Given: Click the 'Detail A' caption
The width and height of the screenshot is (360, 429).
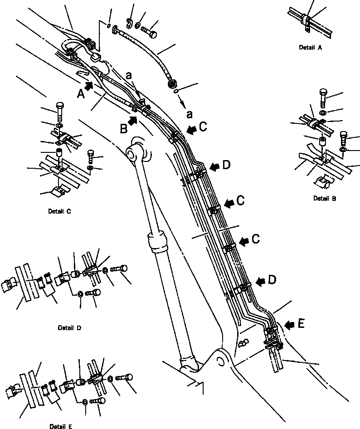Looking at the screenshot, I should pyautogui.click(x=311, y=47).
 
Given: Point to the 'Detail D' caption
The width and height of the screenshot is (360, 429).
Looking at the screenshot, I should pyautogui.click(x=70, y=327).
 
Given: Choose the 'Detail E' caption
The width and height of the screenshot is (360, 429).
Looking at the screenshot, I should pyautogui.click(x=62, y=426).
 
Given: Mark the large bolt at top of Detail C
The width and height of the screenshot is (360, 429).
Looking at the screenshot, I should pyautogui.click(x=60, y=111).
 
